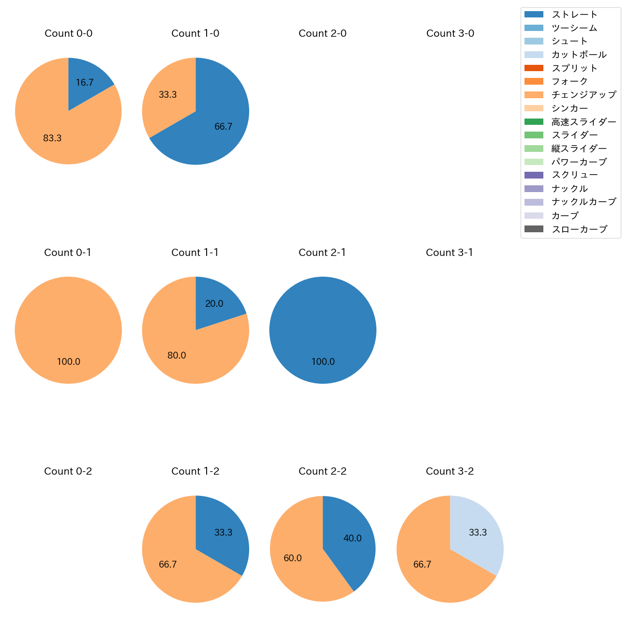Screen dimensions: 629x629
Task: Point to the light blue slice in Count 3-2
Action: pyautogui.click(x=477, y=532)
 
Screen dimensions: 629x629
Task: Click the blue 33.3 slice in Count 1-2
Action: pyautogui.click(x=223, y=532)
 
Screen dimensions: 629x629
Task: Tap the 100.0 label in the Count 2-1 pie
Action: pyautogui.click(x=323, y=362)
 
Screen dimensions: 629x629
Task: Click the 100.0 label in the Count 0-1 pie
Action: pyautogui.click(x=68, y=362)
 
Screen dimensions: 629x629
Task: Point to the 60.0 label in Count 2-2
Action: pyautogui.click(x=292, y=558)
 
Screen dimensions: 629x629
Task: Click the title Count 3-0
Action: pyautogui.click(x=450, y=33)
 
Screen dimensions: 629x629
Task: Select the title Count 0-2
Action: pyautogui.click(x=68, y=471)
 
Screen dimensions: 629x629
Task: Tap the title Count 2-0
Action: pyautogui.click(x=322, y=33)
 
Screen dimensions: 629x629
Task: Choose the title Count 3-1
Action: pyautogui.click(x=449, y=253)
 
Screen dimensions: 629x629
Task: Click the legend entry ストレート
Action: pyautogui.click(x=574, y=15)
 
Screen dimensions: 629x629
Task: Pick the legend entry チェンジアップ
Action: pyautogui.click(x=584, y=95)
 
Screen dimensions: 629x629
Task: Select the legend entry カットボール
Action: pyautogui.click(x=579, y=55)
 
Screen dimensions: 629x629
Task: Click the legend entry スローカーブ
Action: pyautogui.click(x=579, y=229)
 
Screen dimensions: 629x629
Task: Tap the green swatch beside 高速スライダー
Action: pyautogui.click(x=534, y=122)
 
